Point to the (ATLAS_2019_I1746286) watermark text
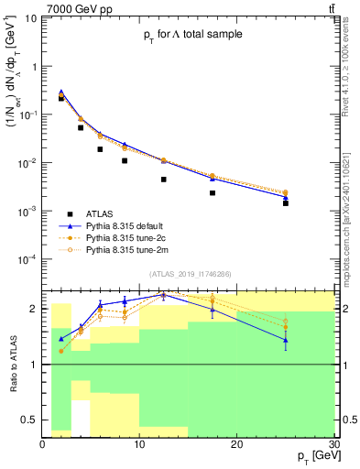coord(191,273)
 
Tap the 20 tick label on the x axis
coord(237,443)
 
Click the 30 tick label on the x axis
coord(333,443)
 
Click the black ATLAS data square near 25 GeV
coord(286,203)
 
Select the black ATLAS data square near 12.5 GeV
coord(163,180)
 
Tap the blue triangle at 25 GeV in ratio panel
coord(286,340)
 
